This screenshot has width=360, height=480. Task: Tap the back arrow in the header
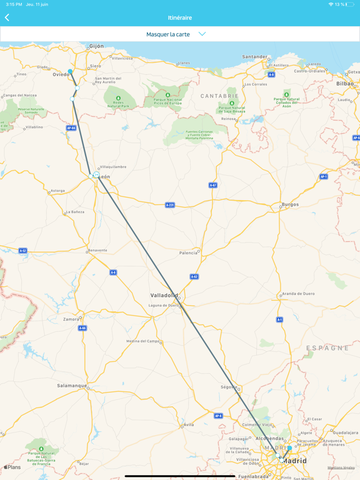[7, 17]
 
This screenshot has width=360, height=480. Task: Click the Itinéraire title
[180, 17]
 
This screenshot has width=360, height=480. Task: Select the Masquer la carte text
[168, 34]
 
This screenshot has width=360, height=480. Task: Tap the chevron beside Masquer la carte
[202, 34]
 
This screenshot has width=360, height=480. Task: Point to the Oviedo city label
[61, 74]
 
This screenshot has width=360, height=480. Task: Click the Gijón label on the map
[96, 46]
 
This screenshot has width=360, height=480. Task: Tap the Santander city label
[255, 57]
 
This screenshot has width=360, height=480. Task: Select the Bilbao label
[344, 83]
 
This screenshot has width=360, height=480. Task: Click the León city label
[104, 177]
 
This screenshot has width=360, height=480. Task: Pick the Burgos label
[290, 204]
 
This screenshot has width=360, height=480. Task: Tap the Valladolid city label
[164, 295]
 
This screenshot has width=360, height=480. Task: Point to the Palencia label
[188, 253]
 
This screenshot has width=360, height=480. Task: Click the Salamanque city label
[72, 386]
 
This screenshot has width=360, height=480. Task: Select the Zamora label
[71, 319]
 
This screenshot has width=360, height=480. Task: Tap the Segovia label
[229, 387]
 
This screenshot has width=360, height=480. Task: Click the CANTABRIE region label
[219, 96]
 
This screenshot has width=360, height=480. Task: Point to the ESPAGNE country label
[327, 348]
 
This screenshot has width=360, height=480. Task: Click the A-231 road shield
[170, 205]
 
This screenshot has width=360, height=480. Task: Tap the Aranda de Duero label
[297, 293]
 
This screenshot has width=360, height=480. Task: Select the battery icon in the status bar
[349, 4]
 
